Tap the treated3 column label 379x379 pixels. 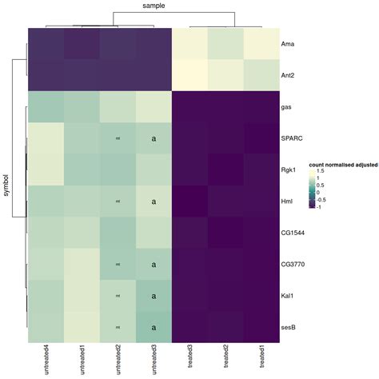click(x=190, y=356)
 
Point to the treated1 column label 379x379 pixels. click(x=263, y=356)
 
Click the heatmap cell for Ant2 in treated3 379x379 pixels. click(x=190, y=76)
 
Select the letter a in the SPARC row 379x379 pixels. click(x=154, y=138)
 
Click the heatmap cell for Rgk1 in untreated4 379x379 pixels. click(x=46, y=170)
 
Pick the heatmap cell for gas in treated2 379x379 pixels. click(x=226, y=107)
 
